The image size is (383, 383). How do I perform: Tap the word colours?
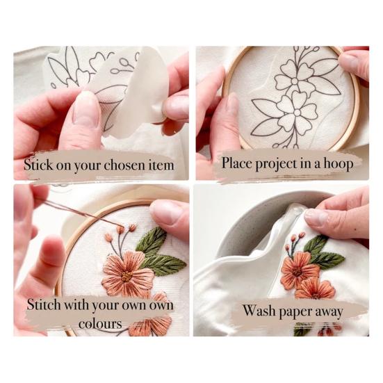click(97, 323)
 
